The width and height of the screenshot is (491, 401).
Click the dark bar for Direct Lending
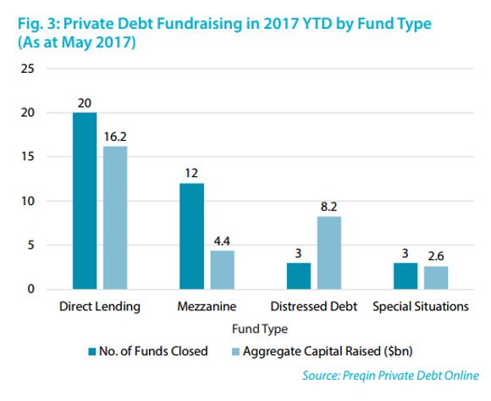click(x=84, y=201)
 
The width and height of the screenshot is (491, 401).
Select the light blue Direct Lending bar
click(x=114, y=218)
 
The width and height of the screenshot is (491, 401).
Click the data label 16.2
click(x=115, y=136)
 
